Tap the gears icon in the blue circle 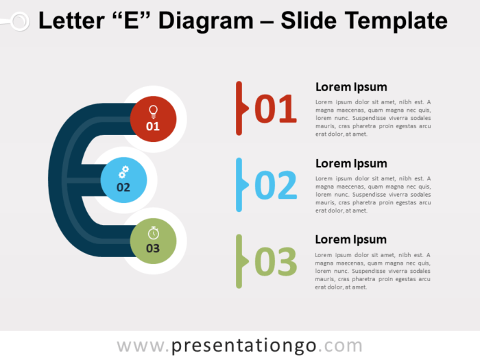[x=123, y=171]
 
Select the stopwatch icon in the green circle [x=153, y=232]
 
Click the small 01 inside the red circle [x=153, y=126]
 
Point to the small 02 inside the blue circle [x=123, y=187]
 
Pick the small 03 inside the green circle [x=153, y=248]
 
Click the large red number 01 [x=276, y=110]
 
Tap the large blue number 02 [x=276, y=186]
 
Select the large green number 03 [x=276, y=262]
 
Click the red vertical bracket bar [x=239, y=108]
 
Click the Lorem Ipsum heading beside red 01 [x=351, y=87]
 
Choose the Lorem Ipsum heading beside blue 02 [x=351, y=163]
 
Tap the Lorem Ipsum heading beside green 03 [x=351, y=239]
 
